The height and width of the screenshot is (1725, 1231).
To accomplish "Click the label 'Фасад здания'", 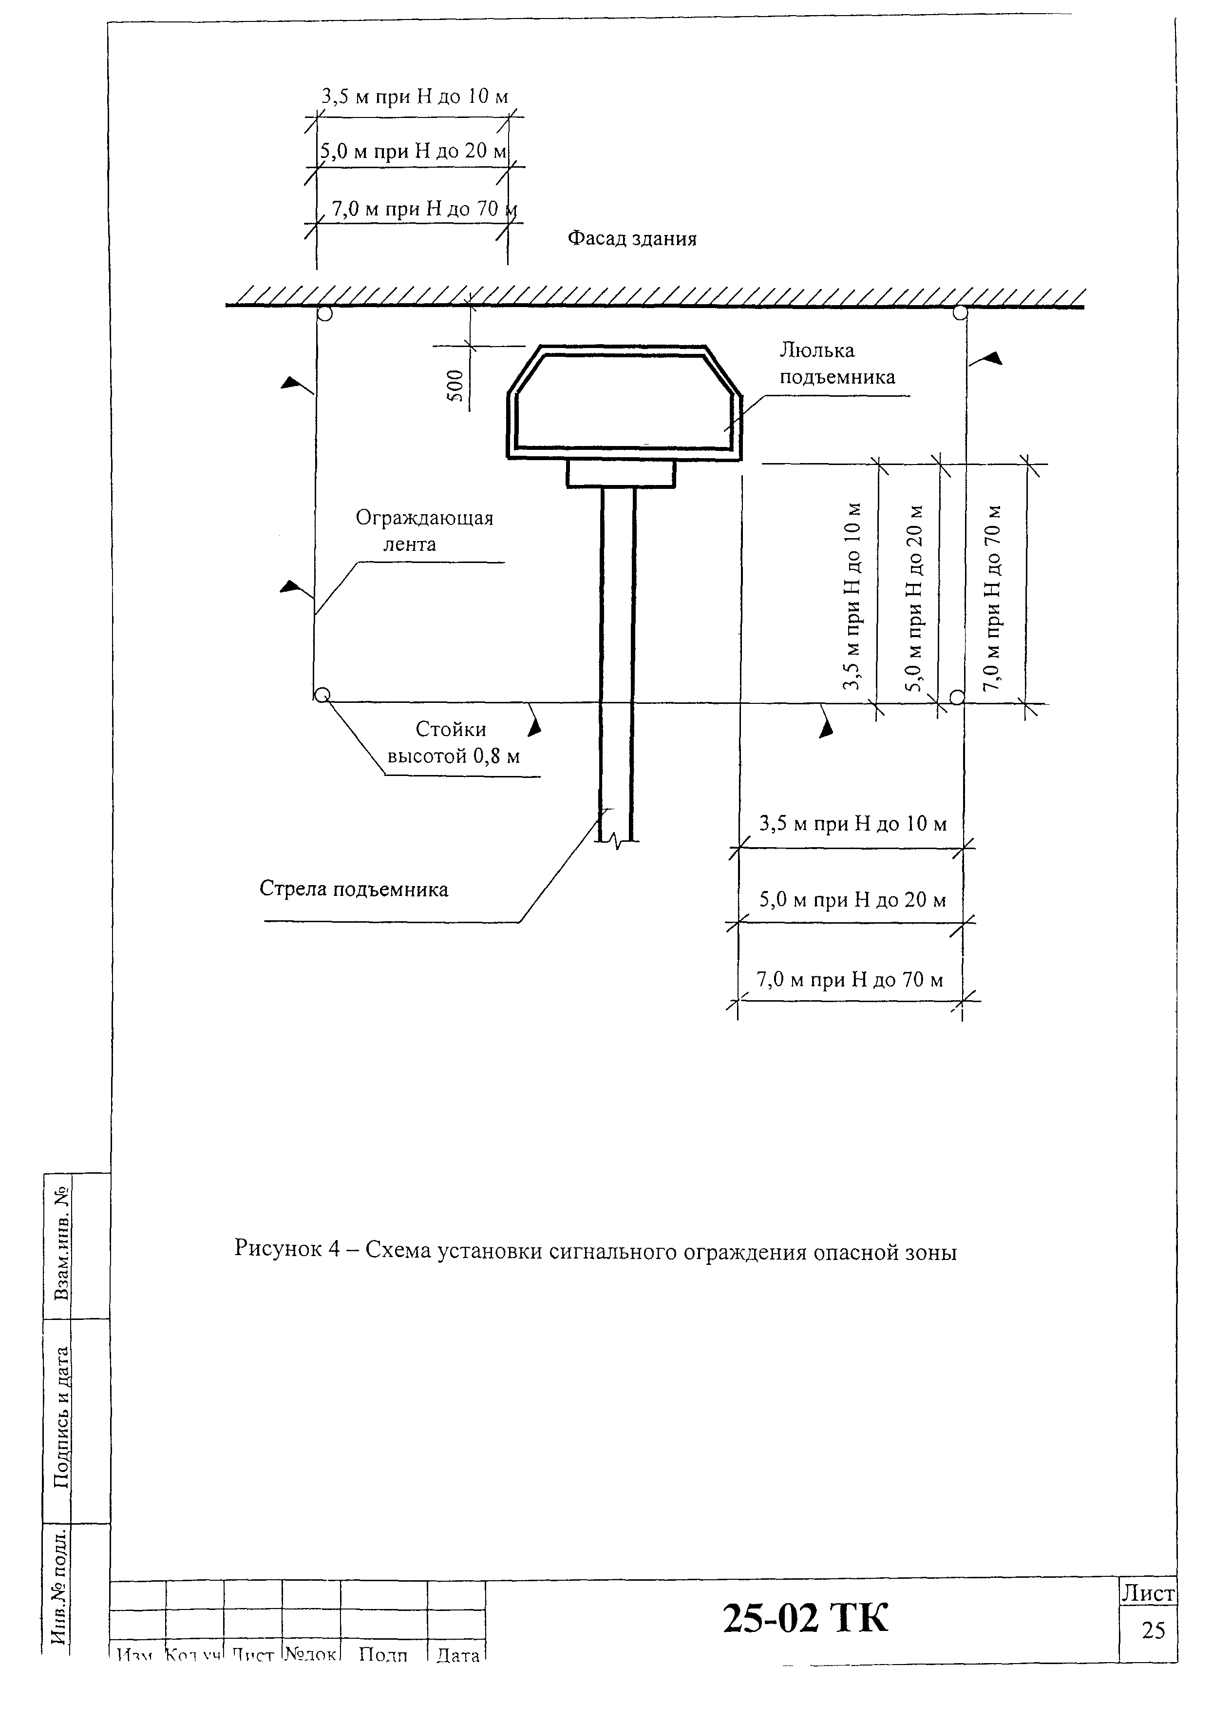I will [632, 239].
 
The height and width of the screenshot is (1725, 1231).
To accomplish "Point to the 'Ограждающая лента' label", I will [424, 531].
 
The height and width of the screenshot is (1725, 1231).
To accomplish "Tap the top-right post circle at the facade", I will [960, 312].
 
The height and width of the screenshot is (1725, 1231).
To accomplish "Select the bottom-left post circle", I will [322, 694].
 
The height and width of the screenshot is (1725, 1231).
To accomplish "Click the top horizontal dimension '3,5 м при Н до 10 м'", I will [415, 97].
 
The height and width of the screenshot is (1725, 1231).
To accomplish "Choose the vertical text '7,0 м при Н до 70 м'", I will [992, 598].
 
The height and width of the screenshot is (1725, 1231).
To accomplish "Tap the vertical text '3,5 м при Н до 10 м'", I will [853, 596].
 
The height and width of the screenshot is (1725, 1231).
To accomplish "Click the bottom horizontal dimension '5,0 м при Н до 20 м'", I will [853, 900].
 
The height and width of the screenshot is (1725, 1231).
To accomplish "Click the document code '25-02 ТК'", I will [805, 1619].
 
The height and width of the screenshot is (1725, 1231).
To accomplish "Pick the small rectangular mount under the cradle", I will [621, 474].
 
